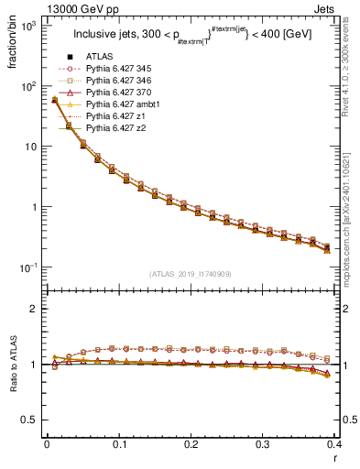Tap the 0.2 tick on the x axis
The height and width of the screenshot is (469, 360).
tap(191, 443)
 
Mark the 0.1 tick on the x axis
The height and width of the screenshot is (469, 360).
tap(119, 443)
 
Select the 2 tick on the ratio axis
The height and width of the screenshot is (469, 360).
tap(33, 310)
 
